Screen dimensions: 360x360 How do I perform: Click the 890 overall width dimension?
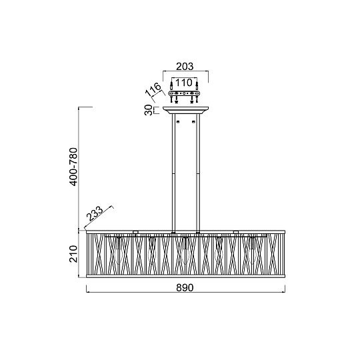pos(185,288)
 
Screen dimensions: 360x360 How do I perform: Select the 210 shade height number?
pos(73,254)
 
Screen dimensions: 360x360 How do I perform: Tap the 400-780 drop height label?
pos(74,167)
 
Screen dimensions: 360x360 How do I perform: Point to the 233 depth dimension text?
pos(95,214)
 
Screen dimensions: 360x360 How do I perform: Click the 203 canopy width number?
pos(185,67)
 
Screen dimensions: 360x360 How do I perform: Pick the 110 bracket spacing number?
pos(184,83)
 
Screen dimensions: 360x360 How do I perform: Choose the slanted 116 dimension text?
pos(153,89)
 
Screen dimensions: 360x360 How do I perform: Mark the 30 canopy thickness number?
pos(149,110)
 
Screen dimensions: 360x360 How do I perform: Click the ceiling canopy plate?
pos(186,110)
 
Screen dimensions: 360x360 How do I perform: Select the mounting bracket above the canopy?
pos(184,94)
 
